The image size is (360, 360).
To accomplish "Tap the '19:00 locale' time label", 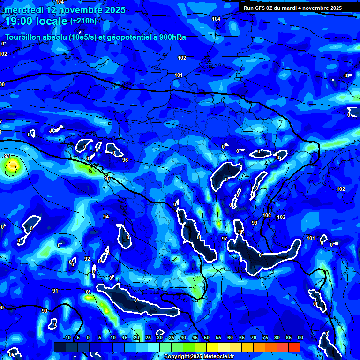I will [x=37, y=21].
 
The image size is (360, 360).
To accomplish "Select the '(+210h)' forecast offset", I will [x=83, y=21].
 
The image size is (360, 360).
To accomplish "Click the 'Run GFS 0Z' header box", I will [x=292, y=8].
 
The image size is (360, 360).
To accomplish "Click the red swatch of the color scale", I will [x=294, y=347].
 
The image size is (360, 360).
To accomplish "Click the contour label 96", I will [x=125, y=160].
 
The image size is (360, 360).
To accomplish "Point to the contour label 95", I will [x=107, y=179].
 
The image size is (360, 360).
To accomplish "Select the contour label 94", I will [x=106, y=217].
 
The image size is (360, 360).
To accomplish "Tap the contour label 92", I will [x=87, y=259].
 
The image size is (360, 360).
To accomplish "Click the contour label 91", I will [x=55, y=291].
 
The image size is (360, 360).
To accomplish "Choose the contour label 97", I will [x=225, y=239].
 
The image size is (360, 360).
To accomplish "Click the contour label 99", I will [x=255, y=223].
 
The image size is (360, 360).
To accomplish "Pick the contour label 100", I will [x=267, y=215].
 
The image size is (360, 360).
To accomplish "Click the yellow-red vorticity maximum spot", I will [x=12, y=165].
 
